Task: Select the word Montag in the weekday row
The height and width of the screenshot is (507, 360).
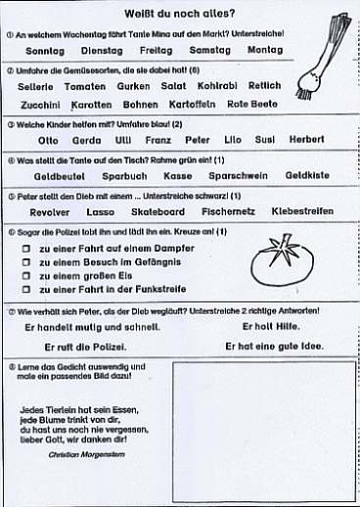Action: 264,49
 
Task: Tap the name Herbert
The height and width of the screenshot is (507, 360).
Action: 305,140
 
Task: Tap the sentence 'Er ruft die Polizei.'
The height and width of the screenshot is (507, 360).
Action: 87,346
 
